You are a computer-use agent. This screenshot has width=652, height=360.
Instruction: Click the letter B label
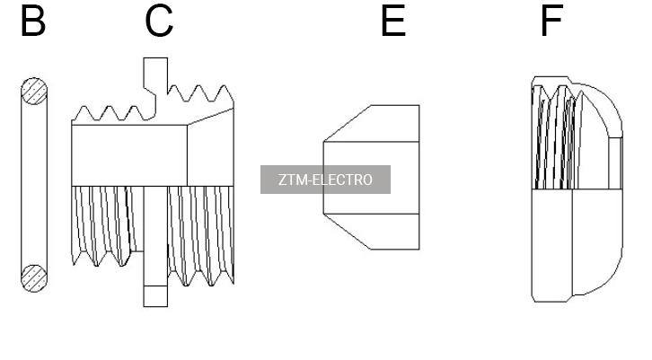click(33, 21)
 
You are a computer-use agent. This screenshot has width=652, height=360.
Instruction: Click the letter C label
click(159, 21)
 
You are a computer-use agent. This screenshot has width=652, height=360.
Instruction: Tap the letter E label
click(393, 21)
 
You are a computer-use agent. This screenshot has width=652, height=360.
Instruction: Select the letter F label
click(551, 21)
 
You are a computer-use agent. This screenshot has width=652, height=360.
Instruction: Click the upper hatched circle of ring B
click(34, 91)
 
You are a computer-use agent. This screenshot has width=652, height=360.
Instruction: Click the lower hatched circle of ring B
click(34, 278)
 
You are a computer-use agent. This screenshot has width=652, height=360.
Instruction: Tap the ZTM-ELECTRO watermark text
click(325, 180)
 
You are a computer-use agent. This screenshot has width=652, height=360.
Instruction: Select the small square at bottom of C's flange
click(155, 296)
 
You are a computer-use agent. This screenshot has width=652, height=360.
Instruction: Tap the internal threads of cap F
click(555, 137)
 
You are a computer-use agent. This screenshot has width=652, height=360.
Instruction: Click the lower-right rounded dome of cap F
click(597, 241)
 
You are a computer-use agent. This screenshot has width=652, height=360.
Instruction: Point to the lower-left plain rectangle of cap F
click(552, 245)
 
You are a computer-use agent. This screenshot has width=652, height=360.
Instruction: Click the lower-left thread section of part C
click(107, 225)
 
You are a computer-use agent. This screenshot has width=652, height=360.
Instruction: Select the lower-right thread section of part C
click(201, 236)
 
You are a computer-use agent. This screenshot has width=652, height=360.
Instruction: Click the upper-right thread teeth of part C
click(200, 94)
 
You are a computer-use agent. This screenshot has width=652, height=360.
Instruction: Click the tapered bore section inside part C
click(210, 147)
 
